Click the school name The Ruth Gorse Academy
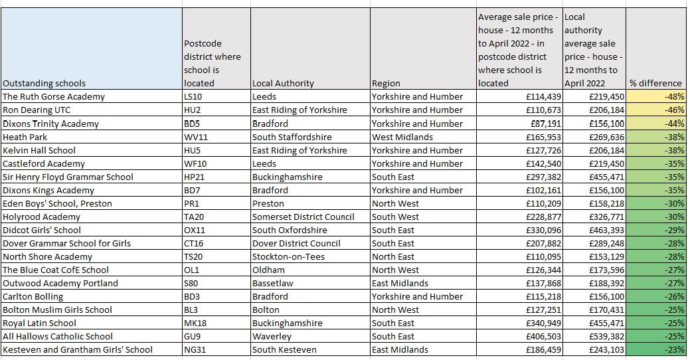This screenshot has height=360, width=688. [x=54, y=97]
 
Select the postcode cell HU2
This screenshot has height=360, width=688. [x=193, y=110]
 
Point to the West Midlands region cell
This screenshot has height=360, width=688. [x=402, y=137]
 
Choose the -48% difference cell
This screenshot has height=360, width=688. [x=673, y=97]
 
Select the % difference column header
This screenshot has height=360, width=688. [x=655, y=84]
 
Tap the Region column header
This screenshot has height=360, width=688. [x=387, y=84]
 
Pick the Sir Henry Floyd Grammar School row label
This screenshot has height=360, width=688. [x=68, y=177]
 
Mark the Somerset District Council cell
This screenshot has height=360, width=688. [x=303, y=217]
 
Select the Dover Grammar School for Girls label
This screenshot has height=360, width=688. [x=67, y=243]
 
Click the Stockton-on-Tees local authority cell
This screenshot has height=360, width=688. [x=287, y=256]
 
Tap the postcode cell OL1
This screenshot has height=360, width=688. [x=192, y=270]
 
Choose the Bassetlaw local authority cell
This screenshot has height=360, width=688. [x=273, y=283]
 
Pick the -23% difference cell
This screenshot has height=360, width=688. [x=673, y=349]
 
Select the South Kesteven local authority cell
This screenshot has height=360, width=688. [x=284, y=349]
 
